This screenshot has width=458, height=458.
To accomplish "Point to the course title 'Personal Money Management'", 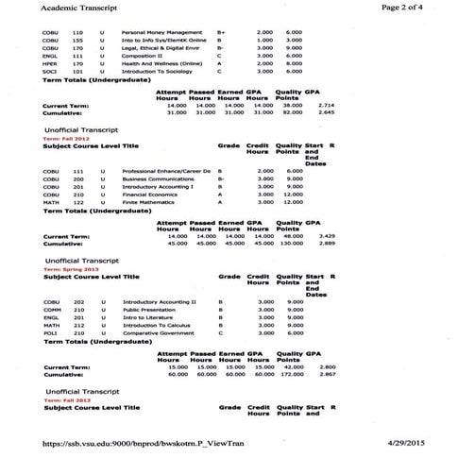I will (x=162, y=33).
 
